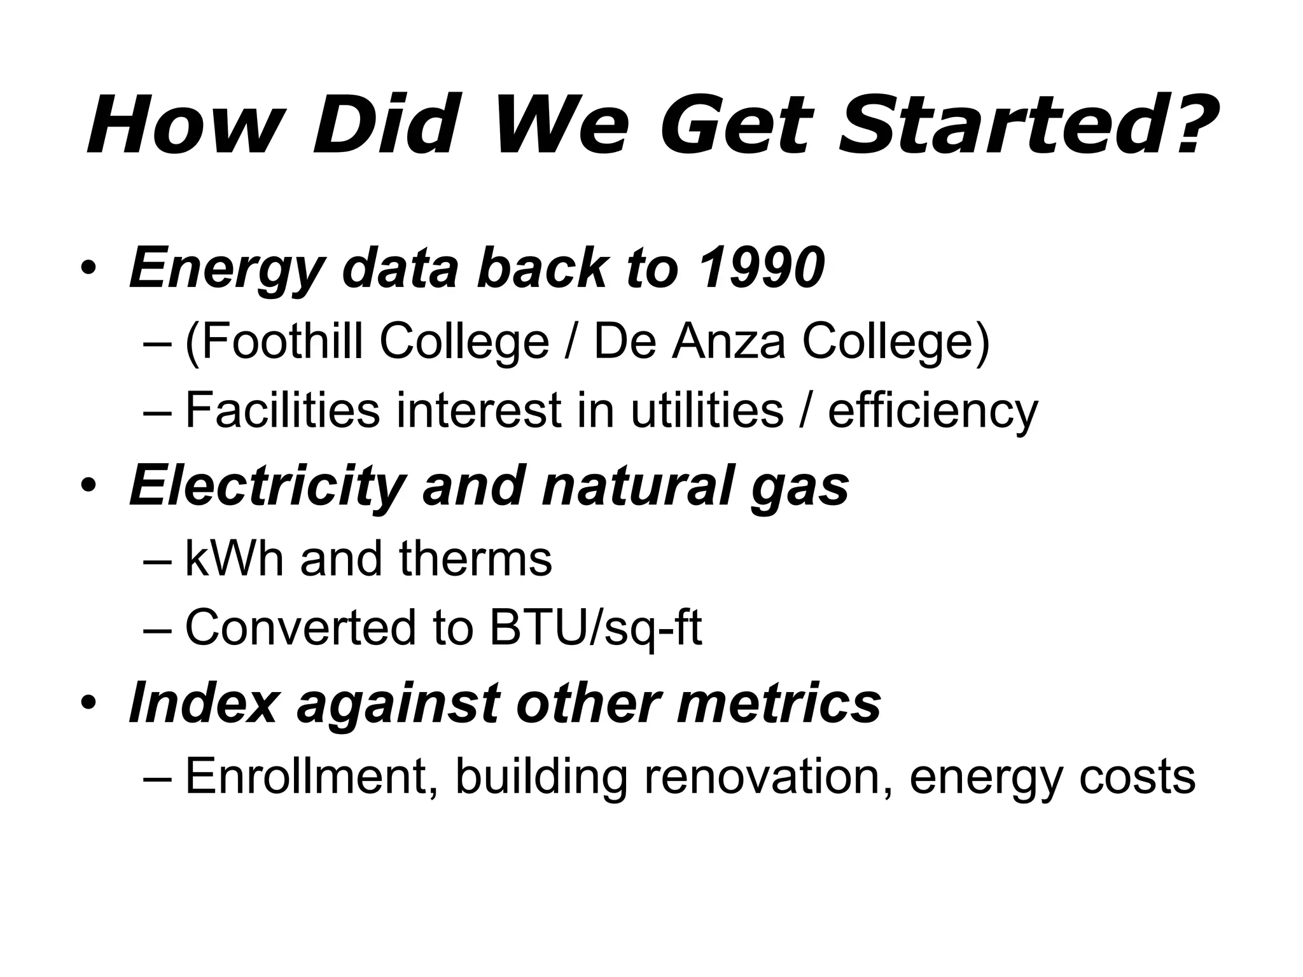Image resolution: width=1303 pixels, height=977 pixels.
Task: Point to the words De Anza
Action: click(x=690, y=342)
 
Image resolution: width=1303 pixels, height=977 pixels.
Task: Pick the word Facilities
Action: click(x=282, y=410)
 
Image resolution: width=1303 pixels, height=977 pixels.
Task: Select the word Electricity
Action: click(x=267, y=487)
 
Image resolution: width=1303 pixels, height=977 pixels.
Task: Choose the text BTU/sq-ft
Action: click(x=596, y=628)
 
